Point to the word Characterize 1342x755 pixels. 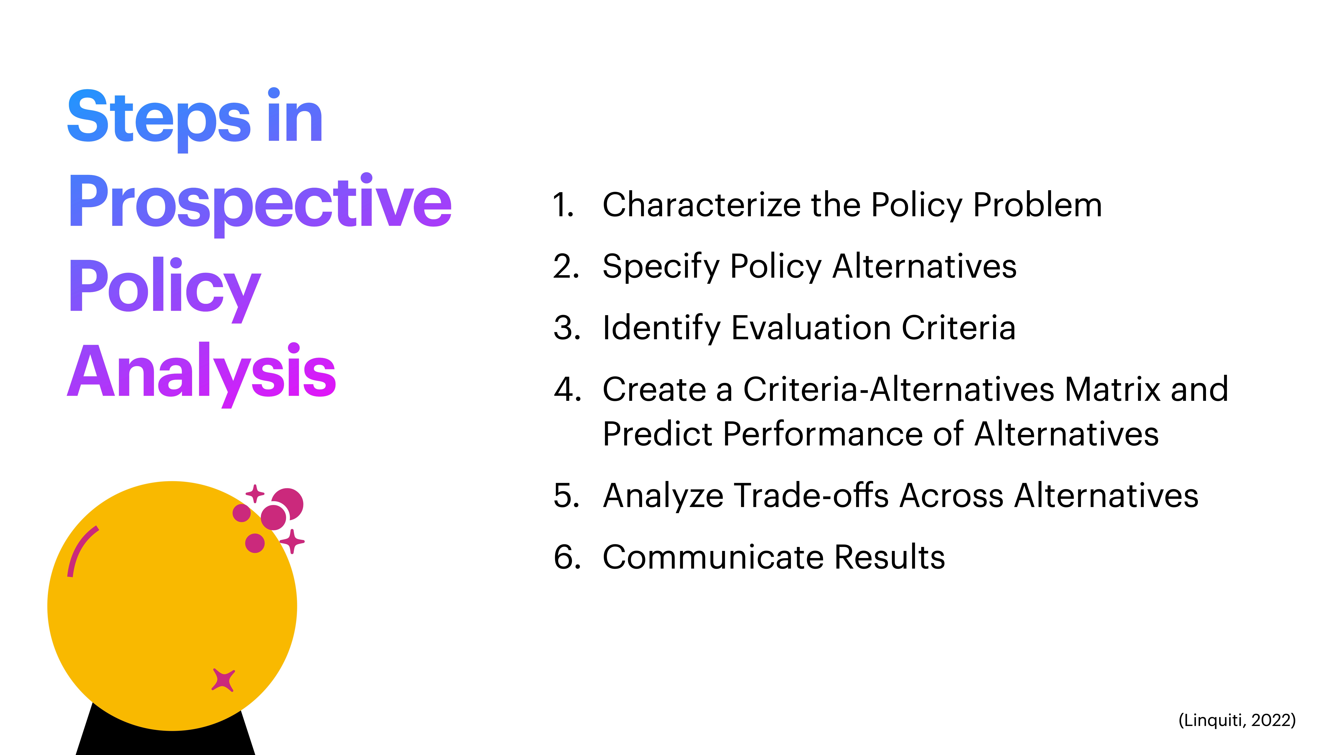[701, 205]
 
